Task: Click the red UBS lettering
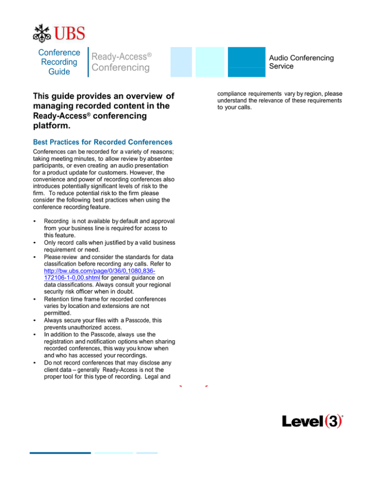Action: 69,34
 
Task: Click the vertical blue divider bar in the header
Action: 88,62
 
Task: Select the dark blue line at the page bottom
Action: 60,453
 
